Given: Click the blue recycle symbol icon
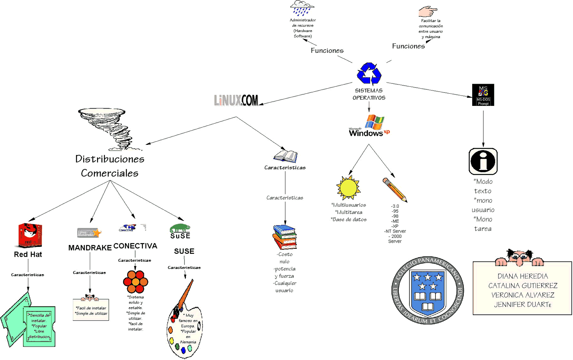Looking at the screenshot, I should point(369,73).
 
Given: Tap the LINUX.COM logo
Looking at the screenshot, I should point(236,100).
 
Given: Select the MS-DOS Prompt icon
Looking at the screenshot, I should point(483,95).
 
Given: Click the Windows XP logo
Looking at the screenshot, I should point(369,126).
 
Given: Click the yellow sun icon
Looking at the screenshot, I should point(348,188).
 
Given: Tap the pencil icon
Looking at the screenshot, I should point(395,189).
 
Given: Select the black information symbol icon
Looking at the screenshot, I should point(483,161).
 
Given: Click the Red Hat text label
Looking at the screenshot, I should point(28,255).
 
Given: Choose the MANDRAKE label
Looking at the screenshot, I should point(90,248).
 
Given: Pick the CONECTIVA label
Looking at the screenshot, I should point(135,246).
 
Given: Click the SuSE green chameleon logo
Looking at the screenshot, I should point(180,228).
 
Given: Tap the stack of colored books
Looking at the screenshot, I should point(285,237).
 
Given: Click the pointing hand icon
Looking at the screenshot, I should point(427,11).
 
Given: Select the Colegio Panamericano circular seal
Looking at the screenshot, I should point(428,290).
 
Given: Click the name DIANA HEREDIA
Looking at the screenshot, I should point(522,276).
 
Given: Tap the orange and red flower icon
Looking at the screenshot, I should point(136,282).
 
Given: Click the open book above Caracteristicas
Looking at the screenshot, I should point(285,156).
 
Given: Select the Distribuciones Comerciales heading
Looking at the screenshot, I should point(110,166).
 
